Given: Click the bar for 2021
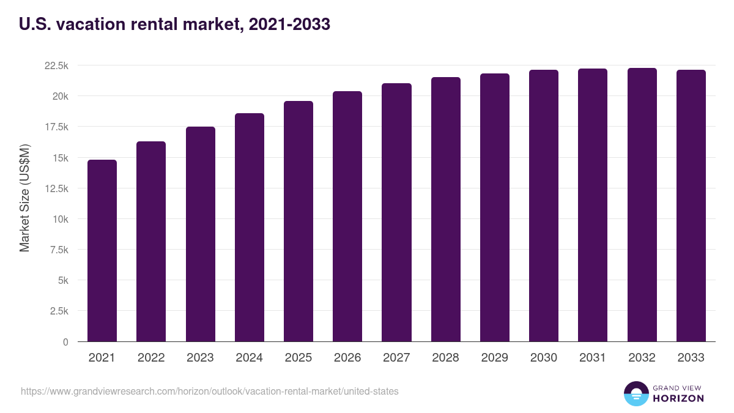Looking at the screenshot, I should click(x=102, y=251).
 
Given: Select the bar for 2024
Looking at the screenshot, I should click(x=250, y=228).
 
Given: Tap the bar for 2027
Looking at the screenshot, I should click(x=396, y=212).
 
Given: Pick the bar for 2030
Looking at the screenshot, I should click(x=544, y=206).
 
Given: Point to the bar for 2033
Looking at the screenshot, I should click(x=691, y=206).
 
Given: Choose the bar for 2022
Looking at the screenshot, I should click(x=151, y=242).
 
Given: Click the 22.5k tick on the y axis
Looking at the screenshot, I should click(x=56, y=65).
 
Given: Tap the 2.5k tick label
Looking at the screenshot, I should click(x=59, y=311).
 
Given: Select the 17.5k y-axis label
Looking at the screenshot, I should click(x=56, y=127).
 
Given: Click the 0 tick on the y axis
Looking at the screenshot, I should click(x=65, y=342).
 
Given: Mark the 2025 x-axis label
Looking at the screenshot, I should click(x=298, y=358).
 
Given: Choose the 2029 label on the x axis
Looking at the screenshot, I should click(x=495, y=358).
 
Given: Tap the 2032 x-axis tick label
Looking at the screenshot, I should click(x=642, y=358).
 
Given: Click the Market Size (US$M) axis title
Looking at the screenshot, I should click(x=24, y=198).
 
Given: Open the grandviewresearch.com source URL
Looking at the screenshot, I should click(x=209, y=391).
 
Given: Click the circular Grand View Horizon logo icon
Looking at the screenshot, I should click(x=636, y=393).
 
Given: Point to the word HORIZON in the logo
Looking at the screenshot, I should click(x=678, y=398).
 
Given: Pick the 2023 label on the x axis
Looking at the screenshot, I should click(x=200, y=358).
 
